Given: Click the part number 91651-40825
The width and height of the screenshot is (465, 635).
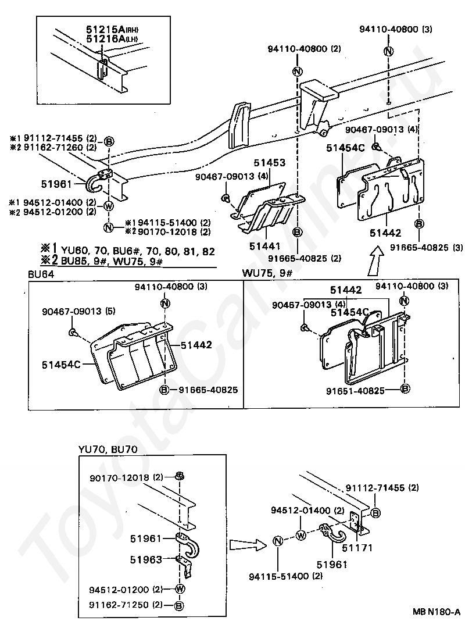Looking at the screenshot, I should [x=363, y=391].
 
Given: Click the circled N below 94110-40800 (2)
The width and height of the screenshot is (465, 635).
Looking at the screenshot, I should [x=297, y=72].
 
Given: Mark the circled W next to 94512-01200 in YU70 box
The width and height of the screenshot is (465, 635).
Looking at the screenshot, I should [x=180, y=589].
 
